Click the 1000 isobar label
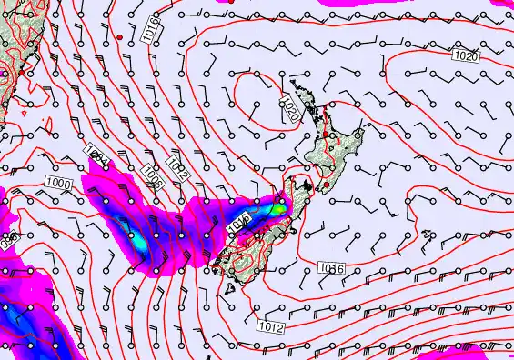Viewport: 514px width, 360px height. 57,184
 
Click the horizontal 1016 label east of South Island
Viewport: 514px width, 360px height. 330,266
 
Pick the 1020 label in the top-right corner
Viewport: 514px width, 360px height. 464,56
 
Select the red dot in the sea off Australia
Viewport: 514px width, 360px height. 119,36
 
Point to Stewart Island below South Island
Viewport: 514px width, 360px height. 229,289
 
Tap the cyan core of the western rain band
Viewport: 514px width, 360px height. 138,241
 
